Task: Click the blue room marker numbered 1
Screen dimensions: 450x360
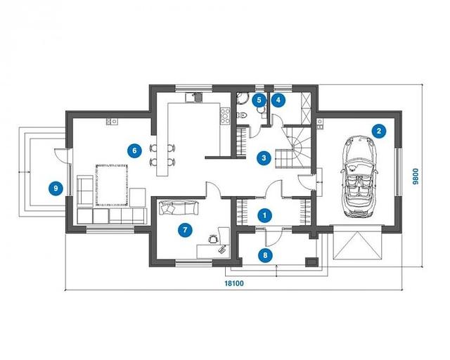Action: (264, 215)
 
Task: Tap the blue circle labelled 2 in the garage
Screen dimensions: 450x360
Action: (379, 131)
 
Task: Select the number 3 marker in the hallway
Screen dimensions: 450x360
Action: (264, 157)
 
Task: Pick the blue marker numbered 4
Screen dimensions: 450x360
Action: (278, 100)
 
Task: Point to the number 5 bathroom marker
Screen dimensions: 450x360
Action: (259, 100)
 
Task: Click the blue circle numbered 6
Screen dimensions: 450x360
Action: (134, 150)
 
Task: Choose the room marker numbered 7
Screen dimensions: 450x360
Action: (185, 230)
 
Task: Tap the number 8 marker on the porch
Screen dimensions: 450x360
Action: (265, 255)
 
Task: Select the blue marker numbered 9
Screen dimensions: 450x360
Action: (56, 188)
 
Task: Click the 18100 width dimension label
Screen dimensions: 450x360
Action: (234, 283)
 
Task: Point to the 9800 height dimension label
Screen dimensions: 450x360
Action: (416, 176)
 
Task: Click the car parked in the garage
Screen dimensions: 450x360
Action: (359, 176)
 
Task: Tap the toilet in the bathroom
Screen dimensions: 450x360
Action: (242, 115)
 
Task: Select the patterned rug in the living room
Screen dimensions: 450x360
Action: (112, 185)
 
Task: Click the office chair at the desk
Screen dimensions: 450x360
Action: (213, 238)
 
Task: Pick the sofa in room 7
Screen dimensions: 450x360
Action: (178, 207)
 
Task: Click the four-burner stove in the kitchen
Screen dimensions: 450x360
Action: (225, 116)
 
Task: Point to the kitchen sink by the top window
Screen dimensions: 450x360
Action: (194, 97)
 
